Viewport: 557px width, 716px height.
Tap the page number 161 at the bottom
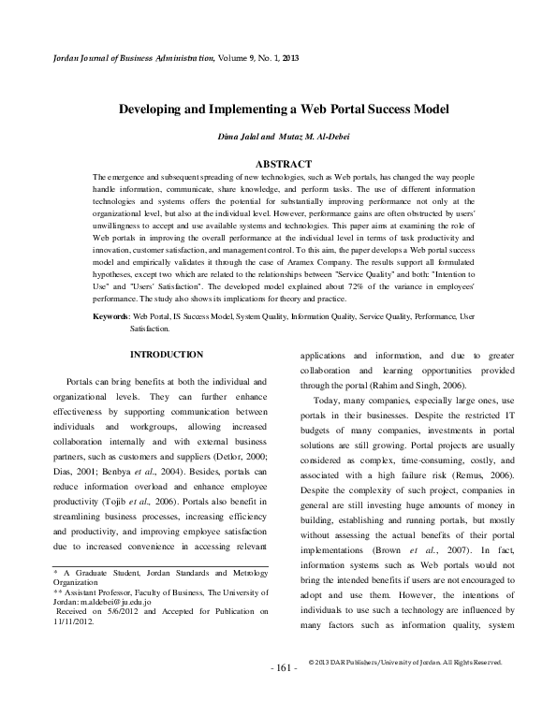coord(284,667)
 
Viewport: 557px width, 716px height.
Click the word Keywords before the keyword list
coord(110,318)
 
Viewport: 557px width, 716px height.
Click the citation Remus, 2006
coord(483,475)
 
